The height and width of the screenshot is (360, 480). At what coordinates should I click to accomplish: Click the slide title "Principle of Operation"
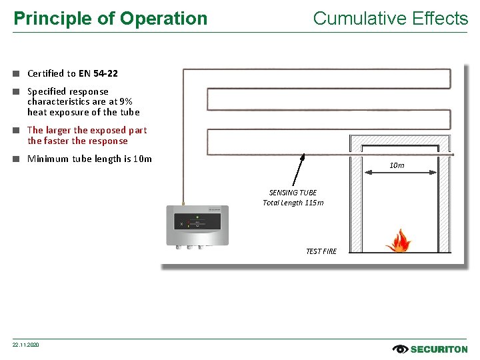[111, 19]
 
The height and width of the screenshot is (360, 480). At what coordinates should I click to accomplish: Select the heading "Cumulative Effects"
[390, 19]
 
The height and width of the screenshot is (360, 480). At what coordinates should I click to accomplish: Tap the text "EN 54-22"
[98, 73]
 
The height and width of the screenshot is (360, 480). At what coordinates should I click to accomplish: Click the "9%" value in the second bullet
[125, 101]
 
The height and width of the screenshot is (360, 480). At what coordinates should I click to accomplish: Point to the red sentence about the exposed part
[87, 135]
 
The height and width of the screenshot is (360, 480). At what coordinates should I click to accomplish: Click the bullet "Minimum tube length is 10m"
[89, 159]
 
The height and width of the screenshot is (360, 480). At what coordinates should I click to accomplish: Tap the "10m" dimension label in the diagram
[396, 165]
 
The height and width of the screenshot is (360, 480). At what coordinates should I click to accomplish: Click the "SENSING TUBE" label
[293, 193]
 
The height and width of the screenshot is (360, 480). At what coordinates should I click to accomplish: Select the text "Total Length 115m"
[293, 203]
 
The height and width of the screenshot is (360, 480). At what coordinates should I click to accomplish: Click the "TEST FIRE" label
[321, 251]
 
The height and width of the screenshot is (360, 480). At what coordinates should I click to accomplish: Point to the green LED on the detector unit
[197, 217]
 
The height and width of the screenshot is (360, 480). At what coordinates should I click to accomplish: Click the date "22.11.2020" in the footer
[26, 345]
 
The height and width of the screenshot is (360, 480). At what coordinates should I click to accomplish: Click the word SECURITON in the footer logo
[439, 349]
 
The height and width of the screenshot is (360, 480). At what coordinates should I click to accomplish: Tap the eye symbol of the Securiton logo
[401, 349]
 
